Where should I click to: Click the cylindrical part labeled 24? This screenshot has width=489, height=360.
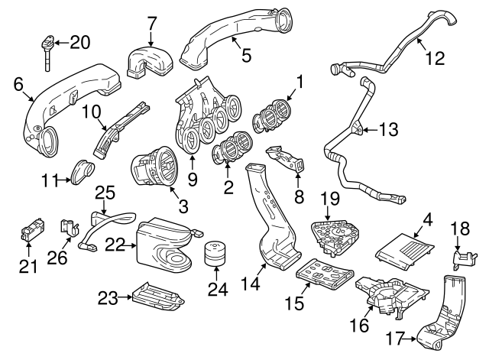pos(215,254)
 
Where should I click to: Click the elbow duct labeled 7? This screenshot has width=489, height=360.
pos(151,62)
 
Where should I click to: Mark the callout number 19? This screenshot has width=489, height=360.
pos(329,199)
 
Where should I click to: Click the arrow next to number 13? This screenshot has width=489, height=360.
pos(367,131)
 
